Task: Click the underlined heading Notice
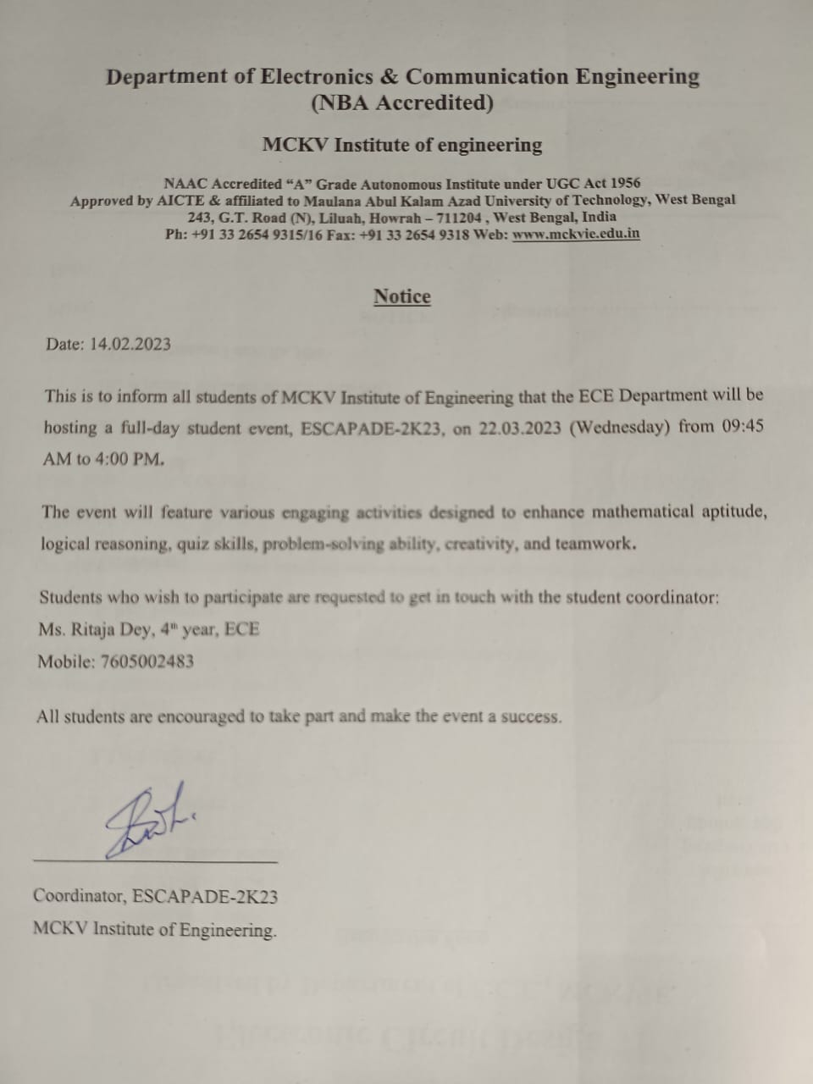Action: tap(402, 296)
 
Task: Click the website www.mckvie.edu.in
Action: tap(576, 234)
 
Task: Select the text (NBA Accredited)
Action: tap(402, 103)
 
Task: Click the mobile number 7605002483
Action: tap(147, 661)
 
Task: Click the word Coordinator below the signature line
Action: tap(80, 896)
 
